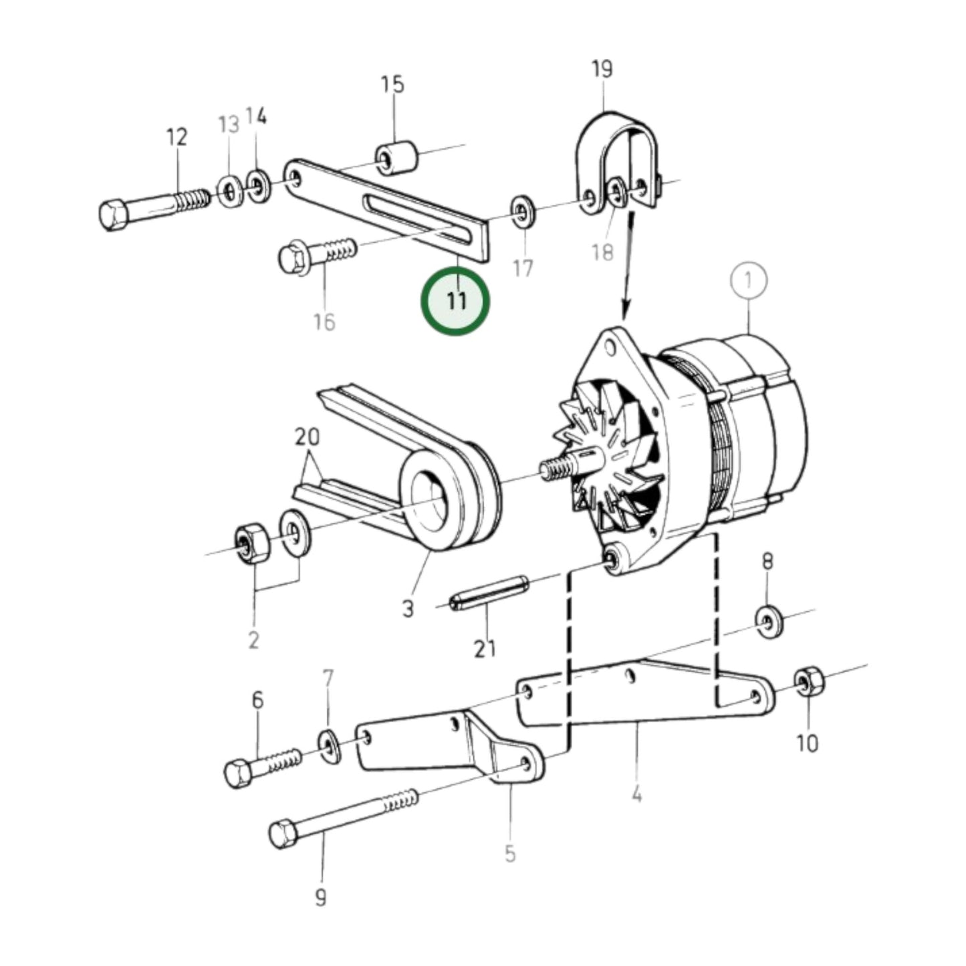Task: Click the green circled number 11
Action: click(455, 301)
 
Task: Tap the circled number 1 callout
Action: click(748, 281)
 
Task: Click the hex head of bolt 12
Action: click(115, 215)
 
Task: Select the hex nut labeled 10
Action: click(809, 681)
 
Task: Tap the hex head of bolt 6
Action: click(238, 773)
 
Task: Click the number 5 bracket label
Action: click(510, 853)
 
